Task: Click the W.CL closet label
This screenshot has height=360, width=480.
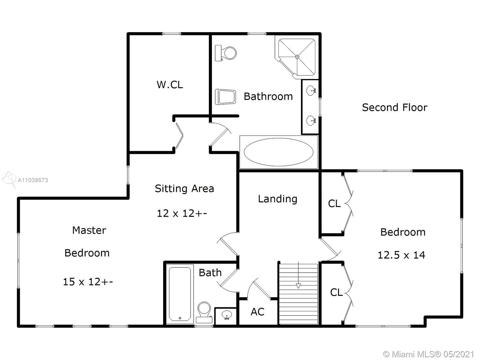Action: point(170,85)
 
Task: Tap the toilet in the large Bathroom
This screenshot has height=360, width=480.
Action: point(226,53)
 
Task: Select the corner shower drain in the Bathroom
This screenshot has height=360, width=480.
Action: point(297,57)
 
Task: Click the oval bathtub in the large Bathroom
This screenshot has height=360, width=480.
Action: point(279,152)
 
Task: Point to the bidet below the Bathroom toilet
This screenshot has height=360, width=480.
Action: point(226,97)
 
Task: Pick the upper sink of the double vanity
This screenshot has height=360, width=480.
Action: point(311,90)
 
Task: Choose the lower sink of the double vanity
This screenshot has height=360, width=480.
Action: point(311,121)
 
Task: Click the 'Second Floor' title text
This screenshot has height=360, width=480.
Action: point(394,107)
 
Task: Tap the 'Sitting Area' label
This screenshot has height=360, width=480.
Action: point(184,188)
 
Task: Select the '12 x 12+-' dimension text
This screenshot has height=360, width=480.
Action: point(182,213)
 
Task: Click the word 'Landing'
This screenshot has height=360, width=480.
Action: point(277,199)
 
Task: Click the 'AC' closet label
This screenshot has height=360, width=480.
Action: point(258,312)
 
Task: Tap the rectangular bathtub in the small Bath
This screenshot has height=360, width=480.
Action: point(180,294)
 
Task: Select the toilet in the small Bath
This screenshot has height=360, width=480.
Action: point(204,313)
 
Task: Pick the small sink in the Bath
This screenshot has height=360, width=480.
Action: point(226,315)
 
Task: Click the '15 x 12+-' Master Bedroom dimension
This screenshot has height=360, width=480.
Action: point(88,282)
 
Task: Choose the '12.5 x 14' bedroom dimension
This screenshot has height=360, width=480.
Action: point(401,255)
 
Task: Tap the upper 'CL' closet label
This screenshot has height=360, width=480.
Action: point(334,204)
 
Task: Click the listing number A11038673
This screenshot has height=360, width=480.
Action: point(33,180)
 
